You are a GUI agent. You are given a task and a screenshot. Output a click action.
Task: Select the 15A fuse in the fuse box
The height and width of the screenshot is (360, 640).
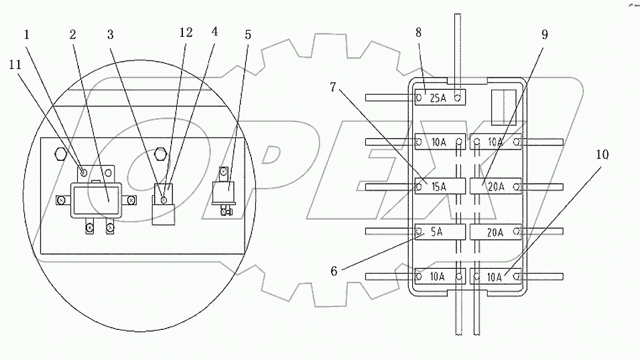(439, 186)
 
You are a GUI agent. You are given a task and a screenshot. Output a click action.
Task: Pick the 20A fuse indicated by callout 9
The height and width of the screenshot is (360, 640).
(495, 186)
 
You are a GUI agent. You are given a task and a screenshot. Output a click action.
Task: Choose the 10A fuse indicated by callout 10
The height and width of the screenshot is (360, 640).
(495, 276)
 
